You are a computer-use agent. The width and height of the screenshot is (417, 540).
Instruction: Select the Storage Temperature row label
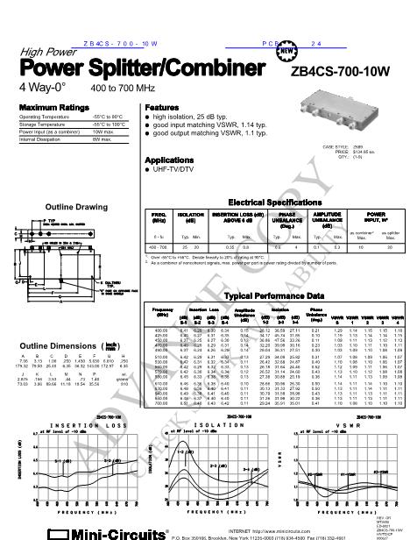pos(43,124)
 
